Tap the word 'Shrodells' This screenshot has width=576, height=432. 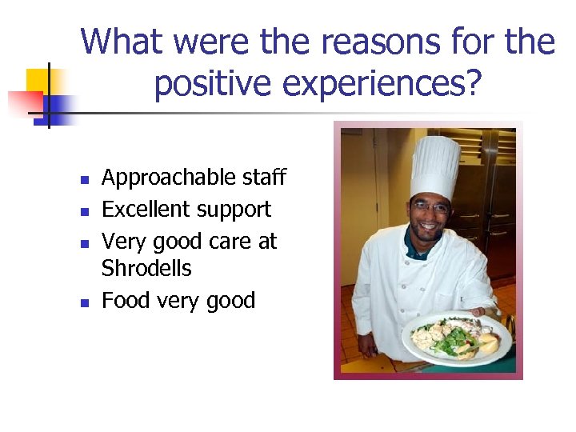coord(146,268)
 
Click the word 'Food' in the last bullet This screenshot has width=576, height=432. coord(126,301)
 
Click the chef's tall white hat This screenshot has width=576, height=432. coord(434,166)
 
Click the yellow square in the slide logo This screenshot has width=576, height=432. coord(38,81)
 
